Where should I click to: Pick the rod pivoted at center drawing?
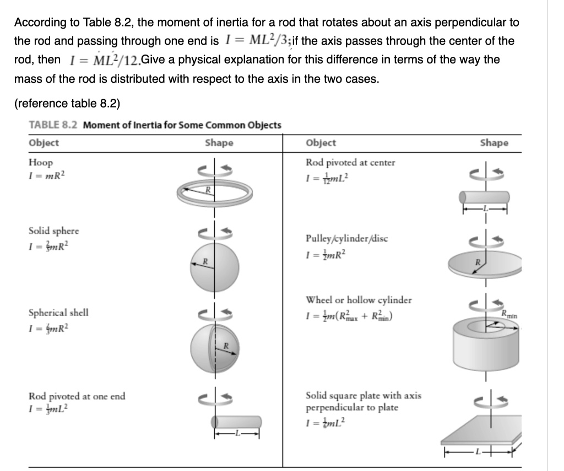[x=484, y=197]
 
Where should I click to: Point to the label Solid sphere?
[x=53, y=231]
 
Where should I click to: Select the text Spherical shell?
[x=58, y=312]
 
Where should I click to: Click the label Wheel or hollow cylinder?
[x=359, y=300]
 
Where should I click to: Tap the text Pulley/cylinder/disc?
[x=346, y=239]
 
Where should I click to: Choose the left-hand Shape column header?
[x=219, y=143]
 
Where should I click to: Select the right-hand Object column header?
[x=321, y=143]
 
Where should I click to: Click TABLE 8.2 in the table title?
[x=53, y=125]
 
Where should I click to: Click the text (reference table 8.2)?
[x=67, y=103]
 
